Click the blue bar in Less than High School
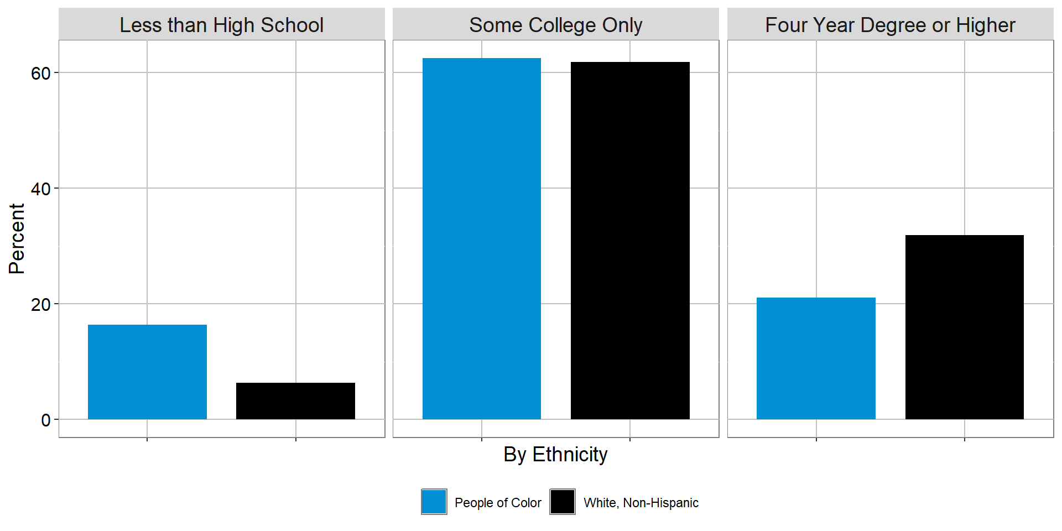[147, 372]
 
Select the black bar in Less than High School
[295, 400]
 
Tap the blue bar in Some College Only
[481, 238]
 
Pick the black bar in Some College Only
[630, 241]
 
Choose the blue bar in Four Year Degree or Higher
[816, 358]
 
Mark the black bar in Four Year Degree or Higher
[964, 327]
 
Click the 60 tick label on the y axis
[40, 74]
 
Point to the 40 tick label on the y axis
[40, 189]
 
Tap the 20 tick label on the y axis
[40, 305]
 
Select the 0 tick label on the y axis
[46, 420]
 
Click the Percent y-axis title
[17, 238]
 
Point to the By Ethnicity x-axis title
[555, 455]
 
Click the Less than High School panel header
[221, 25]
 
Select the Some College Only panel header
[555, 25]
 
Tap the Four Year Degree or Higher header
[890, 25]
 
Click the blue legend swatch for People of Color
[434, 502]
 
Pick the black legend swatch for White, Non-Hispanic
[563, 502]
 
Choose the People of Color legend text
[498, 503]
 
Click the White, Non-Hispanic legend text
[641, 503]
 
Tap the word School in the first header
[292, 25]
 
